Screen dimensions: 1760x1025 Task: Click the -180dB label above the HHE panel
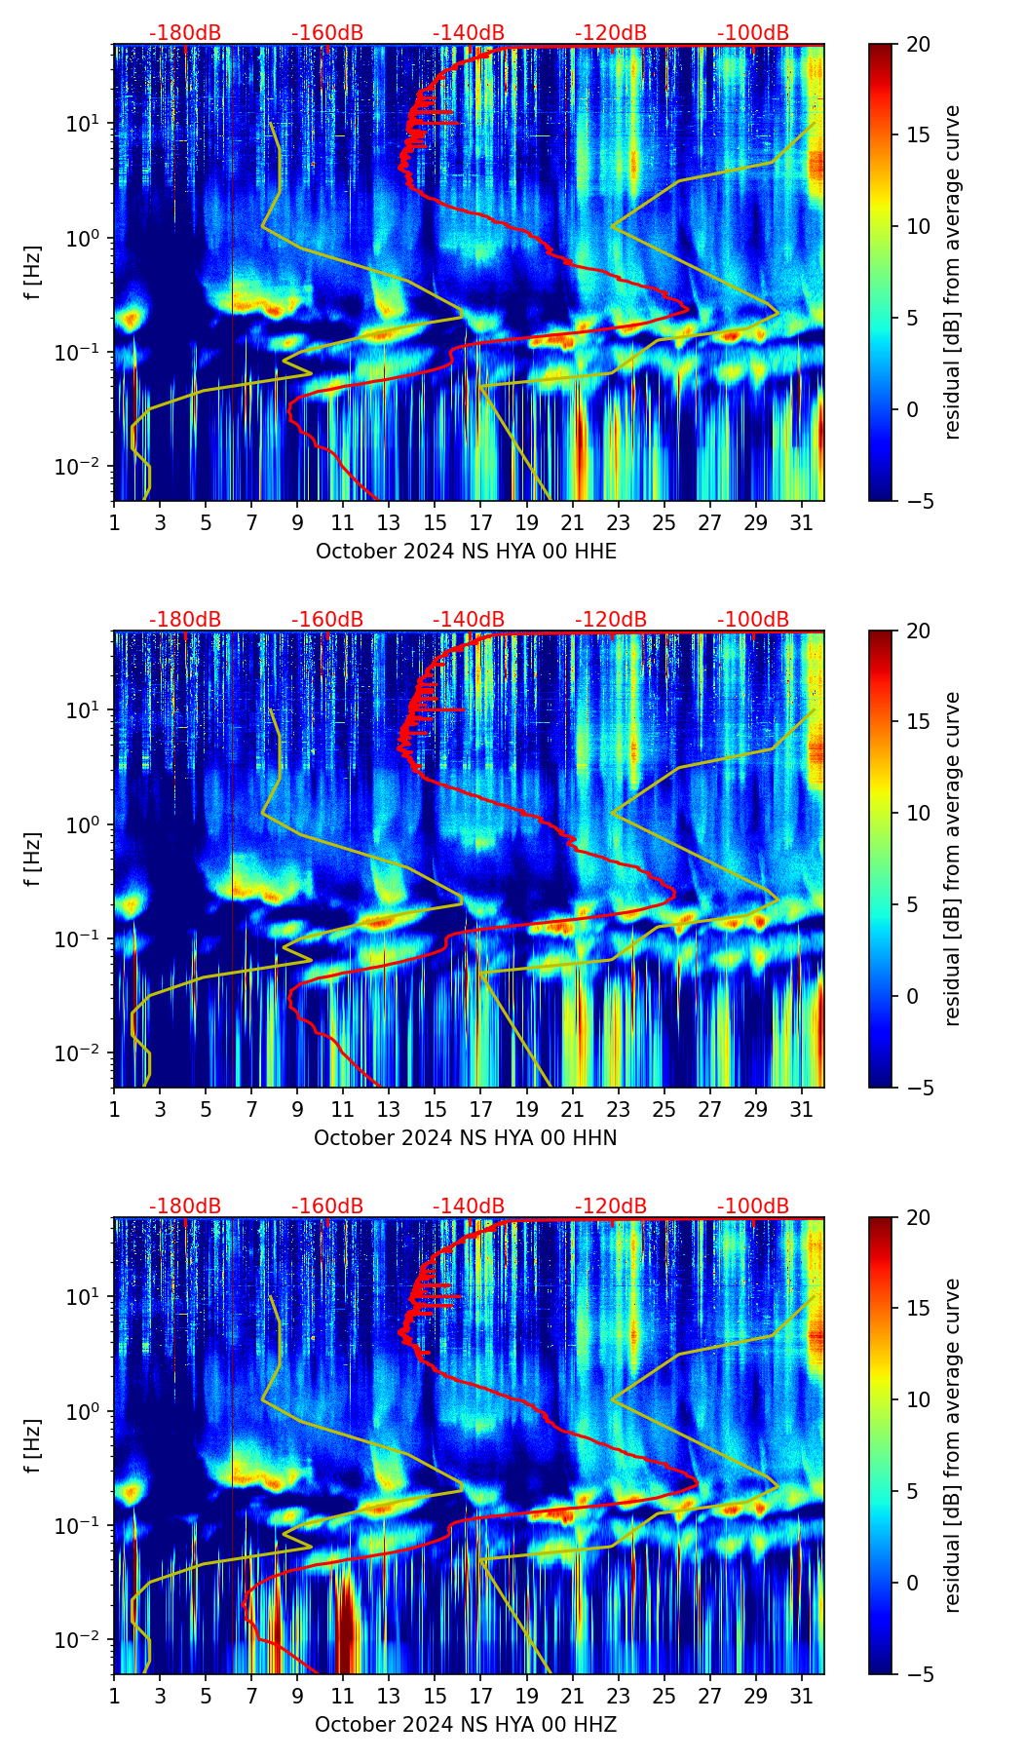(x=185, y=33)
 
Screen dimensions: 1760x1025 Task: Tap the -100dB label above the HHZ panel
(x=753, y=1206)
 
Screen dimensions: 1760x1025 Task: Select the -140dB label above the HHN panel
(x=469, y=620)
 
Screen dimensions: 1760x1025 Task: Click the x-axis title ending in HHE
(x=466, y=552)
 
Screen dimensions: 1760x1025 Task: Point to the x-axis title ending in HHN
(x=465, y=1138)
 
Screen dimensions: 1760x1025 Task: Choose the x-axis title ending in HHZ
(x=465, y=1725)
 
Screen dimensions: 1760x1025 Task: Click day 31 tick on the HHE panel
(x=802, y=522)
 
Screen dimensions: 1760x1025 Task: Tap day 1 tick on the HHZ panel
(x=115, y=1696)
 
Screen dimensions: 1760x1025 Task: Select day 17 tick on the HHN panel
(x=481, y=1109)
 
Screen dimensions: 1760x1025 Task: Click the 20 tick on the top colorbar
(x=918, y=45)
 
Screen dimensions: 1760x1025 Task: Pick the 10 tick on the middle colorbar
(x=918, y=813)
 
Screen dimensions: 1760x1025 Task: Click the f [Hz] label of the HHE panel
(x=33, y=273)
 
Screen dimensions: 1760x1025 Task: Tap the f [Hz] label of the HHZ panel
(x=33, y=1446)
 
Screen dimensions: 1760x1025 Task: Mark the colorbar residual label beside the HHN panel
(x=952, y=859)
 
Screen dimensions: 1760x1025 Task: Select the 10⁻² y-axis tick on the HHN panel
(x=82, y=1053)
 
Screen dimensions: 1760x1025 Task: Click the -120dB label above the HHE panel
(x=611, y=33)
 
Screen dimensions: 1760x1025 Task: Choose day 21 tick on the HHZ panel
(x=573, y=1696)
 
